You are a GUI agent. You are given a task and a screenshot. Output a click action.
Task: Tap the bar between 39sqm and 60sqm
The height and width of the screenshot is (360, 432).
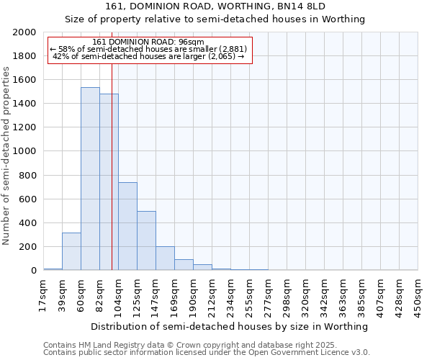point(71,251)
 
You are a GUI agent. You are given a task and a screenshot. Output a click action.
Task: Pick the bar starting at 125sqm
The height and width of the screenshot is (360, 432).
point(146,240)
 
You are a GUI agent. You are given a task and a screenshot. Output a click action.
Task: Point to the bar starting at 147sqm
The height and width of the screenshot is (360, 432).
point(165,258)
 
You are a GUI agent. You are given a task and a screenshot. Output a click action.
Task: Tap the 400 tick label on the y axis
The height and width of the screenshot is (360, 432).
point(28,223)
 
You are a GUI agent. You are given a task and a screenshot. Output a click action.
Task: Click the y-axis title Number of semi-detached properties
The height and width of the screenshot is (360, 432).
point(6,155)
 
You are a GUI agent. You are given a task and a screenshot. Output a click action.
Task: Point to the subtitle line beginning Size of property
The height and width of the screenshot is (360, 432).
point(215,19)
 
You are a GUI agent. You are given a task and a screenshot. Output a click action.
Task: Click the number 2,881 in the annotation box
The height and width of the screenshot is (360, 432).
point(233,49)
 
